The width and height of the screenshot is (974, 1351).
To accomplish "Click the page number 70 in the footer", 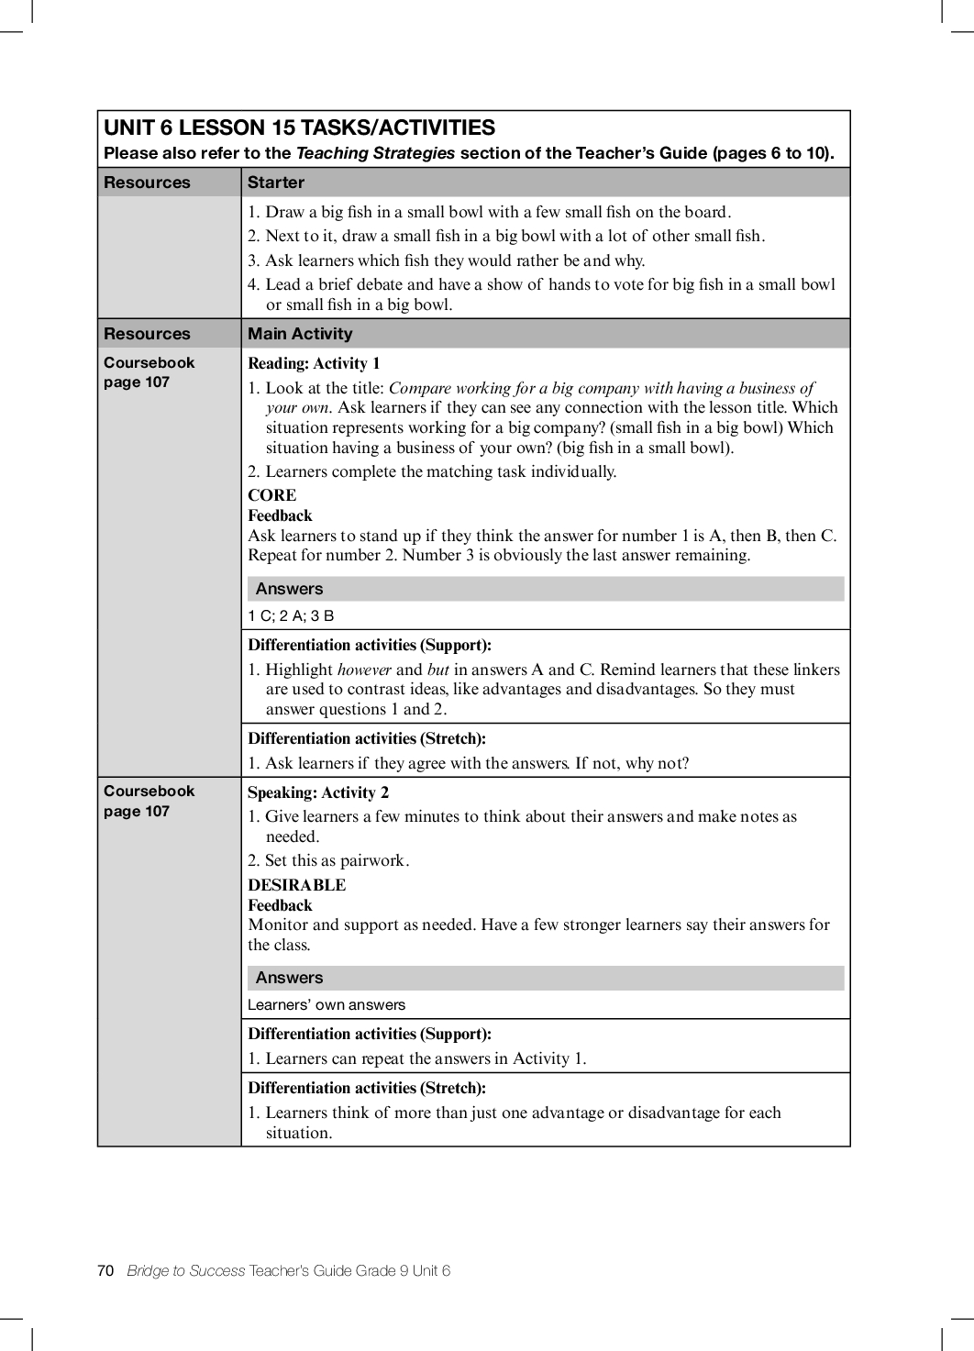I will [x=105, y=1270].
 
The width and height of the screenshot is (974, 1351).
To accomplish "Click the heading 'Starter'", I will [x=275, y=183].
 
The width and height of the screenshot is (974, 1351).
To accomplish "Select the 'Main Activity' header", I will [x=300, y=334].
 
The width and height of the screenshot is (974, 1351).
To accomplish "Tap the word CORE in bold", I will [x=271, y=495].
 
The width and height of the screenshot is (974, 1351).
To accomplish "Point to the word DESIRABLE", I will [x=296, y=885].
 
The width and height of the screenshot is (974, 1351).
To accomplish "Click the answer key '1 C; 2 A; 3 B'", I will [x=291, y=615].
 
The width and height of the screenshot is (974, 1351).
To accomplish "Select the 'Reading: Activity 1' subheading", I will [x=314, y=363].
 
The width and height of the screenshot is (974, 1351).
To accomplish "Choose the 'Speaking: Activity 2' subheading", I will [x=318, y=792].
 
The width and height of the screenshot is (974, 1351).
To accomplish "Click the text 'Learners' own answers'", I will [x=326, y=1004].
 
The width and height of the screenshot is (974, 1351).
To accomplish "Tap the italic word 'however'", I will [x=364, y=670].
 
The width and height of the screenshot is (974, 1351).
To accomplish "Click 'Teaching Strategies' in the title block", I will [x=375, y=153].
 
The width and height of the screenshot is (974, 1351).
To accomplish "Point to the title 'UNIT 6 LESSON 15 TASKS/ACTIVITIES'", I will [x=299, y=127].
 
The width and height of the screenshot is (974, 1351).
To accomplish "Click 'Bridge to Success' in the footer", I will [x=186, y=1270].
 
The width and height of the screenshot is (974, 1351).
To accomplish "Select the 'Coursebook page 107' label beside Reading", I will [x=149, y=372].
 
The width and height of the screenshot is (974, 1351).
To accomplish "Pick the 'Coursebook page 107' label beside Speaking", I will [x=149, y=801].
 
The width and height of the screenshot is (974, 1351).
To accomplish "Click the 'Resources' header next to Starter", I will [x=147, y=183].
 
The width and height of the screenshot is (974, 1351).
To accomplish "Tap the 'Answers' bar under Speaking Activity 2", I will [x=289, y=978].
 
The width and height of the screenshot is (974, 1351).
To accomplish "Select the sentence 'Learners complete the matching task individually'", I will [x=440, y=471].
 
